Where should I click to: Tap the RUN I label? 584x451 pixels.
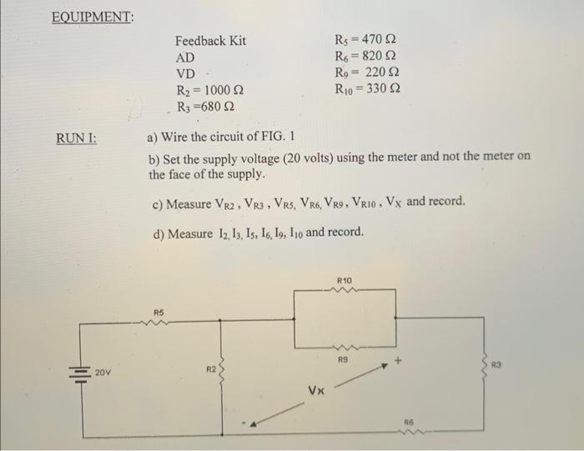click(x=76, y=138)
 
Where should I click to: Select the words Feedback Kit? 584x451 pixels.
click(x=210, y=41)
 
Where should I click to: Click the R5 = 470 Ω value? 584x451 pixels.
click(x=365, y=41)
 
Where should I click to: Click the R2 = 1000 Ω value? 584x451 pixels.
click(x=209, y=90)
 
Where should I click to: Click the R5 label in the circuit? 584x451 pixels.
click(x=159, y=313)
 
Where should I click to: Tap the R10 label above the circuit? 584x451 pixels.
click(x=345, y=281)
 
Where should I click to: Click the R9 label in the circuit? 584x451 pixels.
click(x=342, y=360)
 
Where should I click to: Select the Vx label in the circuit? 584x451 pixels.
click(x=316, y=389)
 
